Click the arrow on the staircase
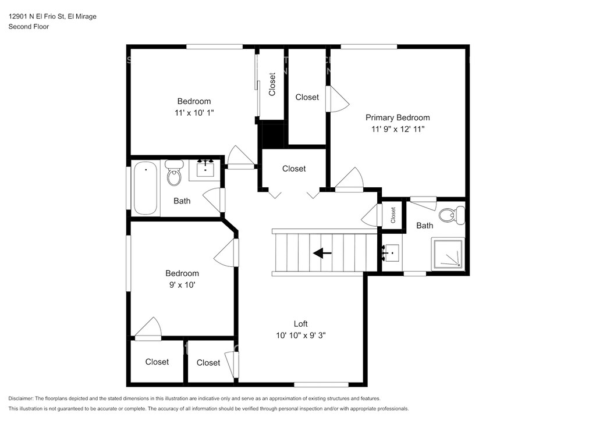[322, 253]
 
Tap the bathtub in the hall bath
[145, 188]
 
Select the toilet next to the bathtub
[174, 173]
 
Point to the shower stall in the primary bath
[448, 254]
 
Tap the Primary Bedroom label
[398, 117]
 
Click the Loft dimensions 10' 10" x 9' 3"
[301, 335]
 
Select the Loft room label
[301, 324]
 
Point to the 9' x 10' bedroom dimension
[182, 285]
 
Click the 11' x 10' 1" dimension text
[194, 113]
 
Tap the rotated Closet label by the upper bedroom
[272, 84]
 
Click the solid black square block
[271, 135]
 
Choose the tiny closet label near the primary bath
[393, 215]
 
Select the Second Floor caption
[29, 27]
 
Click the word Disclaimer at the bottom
[20, 398]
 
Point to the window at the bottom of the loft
[321, 384]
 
